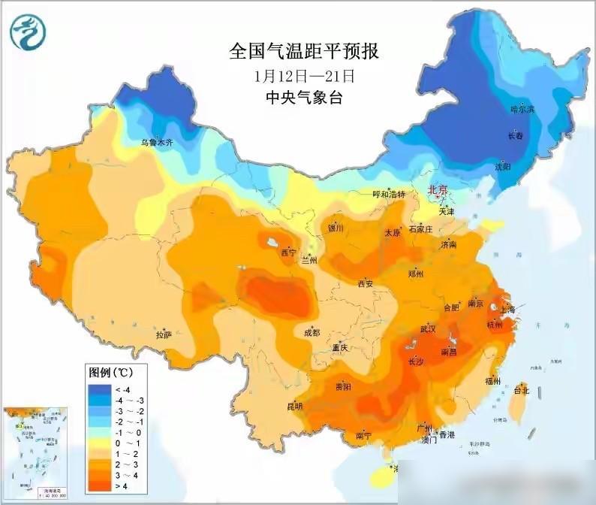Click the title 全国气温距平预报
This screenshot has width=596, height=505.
click(x=304, y=52)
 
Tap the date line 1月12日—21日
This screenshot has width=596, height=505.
click(x=304, y=76)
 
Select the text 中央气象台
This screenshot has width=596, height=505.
click(x=304, y=98)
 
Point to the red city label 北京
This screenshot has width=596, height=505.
click(x=438, y=191)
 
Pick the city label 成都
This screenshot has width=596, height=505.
click(x=311, y=332)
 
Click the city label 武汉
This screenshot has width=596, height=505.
click(x=428, y=329)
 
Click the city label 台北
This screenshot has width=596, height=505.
click(x=521, y=391)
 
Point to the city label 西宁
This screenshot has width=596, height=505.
click(x=288, y=252)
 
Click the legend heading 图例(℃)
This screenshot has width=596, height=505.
click(x=111, y=372)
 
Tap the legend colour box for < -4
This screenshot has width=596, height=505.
click(x=100, y=389)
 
